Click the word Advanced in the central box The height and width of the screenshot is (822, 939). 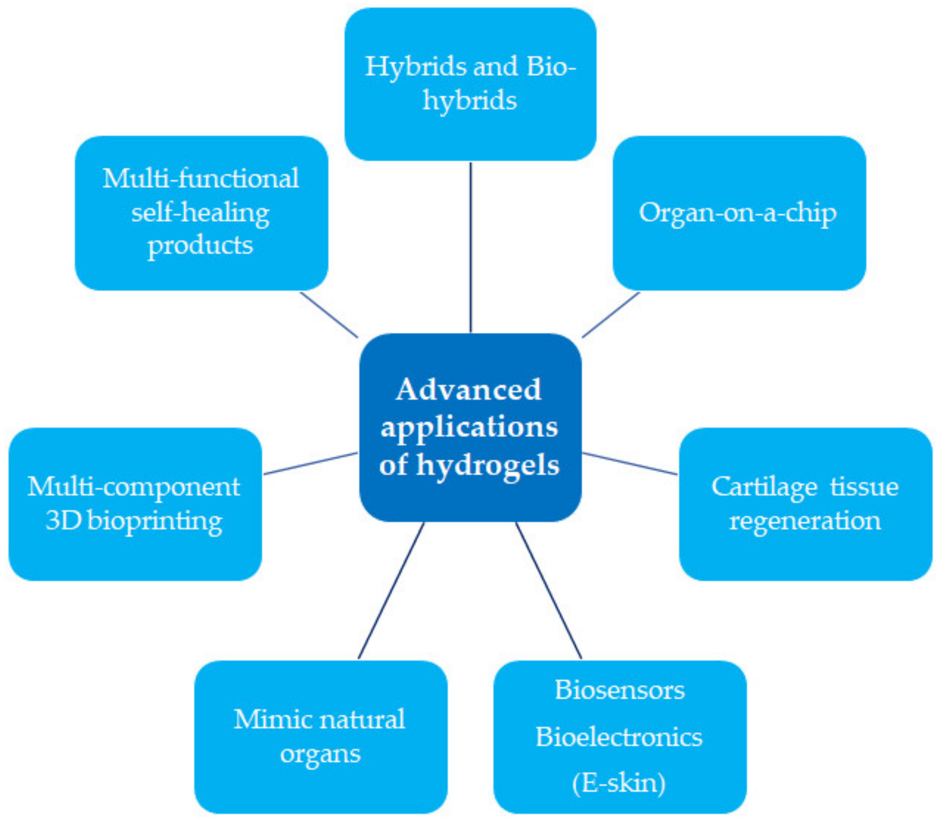point(469,390)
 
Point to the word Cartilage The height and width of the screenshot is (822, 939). point(764,487)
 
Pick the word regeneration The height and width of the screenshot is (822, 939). point(805,521)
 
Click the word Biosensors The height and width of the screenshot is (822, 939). point(619,691)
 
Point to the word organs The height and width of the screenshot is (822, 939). point(320,754)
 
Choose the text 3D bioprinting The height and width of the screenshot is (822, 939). point(134,521)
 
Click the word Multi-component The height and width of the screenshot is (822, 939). point(133,487)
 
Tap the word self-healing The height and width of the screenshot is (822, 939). point(200,213)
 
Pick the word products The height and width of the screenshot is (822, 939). point(200,245)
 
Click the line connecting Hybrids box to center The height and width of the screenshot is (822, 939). point(470,247)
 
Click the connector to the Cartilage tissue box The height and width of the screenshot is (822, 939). point(630,463)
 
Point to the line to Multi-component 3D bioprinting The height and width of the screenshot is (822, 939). point(311,463)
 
